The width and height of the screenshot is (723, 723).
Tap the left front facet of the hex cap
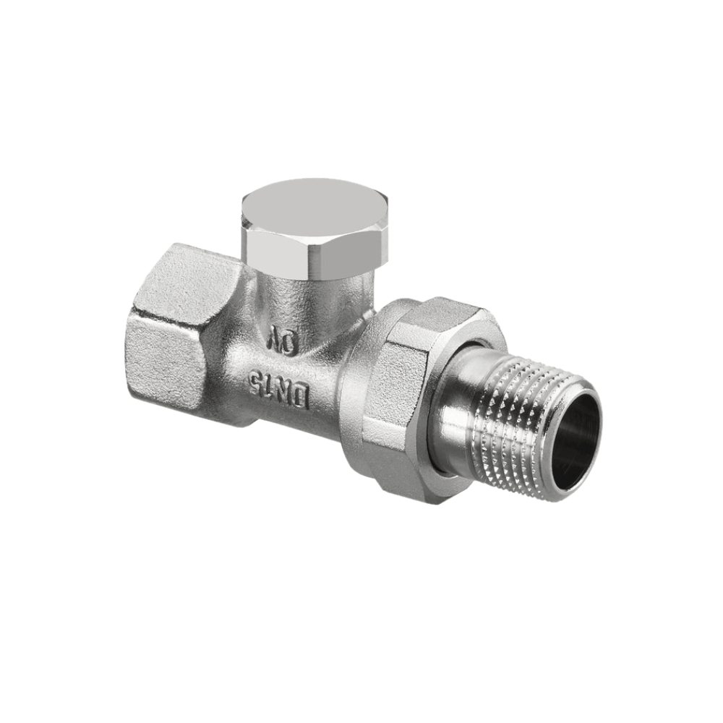[273, 250]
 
